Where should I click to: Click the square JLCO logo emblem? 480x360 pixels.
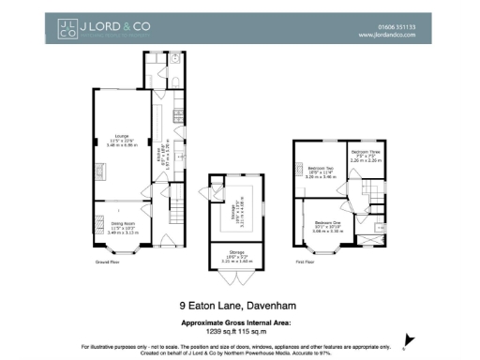click(x=67, y=30)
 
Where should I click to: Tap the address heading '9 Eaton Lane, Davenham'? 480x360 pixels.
click(x=239, y=306)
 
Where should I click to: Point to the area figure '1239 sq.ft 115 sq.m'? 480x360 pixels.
click(x=239, y=329)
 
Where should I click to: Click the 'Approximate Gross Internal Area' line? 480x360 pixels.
click(x=239, y=321)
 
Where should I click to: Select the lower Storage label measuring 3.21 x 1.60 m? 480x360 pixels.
click(x=236, y=250)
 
